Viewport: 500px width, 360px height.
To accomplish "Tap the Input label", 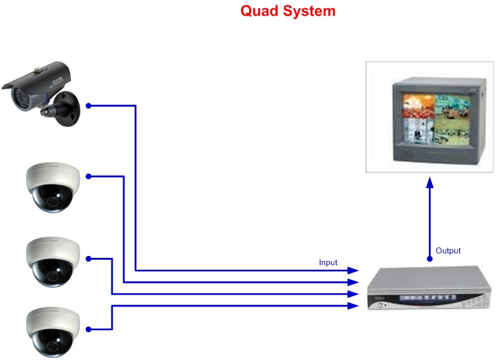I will point(328,262).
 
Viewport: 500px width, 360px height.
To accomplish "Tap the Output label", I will point(448,250).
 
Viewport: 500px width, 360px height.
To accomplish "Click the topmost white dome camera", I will point(53,186).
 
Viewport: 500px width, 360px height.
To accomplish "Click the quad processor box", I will point(427,288).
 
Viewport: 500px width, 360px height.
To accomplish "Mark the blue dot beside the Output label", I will point(430,257).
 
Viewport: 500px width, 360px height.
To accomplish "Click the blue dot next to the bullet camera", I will point(88,106).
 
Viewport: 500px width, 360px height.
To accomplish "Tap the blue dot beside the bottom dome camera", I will point(88,329).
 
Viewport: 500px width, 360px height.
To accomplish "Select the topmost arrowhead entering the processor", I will point(354,270).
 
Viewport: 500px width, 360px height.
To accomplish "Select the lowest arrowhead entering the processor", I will point(354,306).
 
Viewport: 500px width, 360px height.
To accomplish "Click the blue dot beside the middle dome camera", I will point(88,258).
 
